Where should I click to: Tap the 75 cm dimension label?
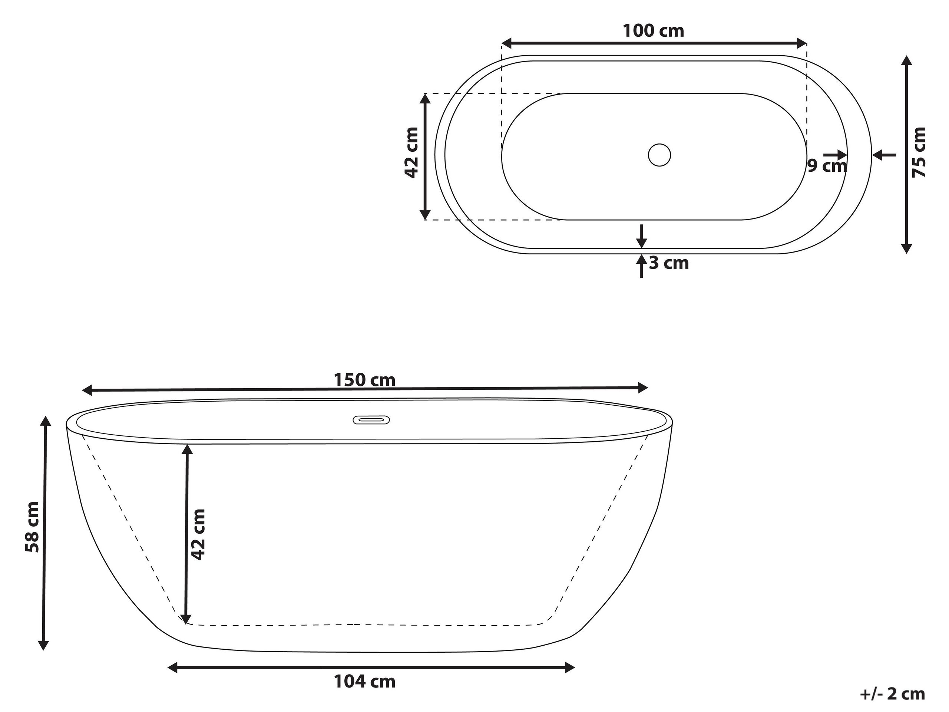click(x=919, y=152)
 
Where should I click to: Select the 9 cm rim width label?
click(x=827, y=166)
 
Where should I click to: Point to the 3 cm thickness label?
click(x=669, y=263)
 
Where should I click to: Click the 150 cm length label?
click(x=364, y=380)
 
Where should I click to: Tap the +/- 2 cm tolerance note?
click(x=892, y=694)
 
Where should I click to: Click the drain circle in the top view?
click(x=659, y=155)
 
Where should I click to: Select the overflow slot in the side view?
click(x=371, y=420)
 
